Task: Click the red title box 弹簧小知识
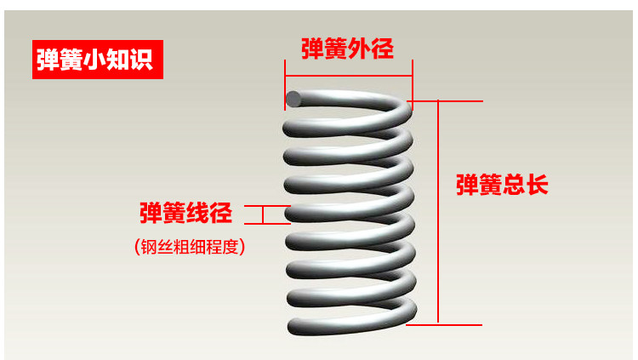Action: pyautogui.click(x=96, y=60)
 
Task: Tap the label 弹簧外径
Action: pyautogui.click(x=347, y=49)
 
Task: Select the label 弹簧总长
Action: pyautogui.click(x=502, y=185)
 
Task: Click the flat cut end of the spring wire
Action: pyautogui.click(x=293, y=99)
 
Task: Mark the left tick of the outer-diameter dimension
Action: pyautogui.click(x=285, y=84)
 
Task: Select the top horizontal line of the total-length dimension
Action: pyautogui.click(x=459, y=100)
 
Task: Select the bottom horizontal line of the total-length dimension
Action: pyautogui.click(x=459, y=323)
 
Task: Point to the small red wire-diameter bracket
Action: pyautogui.click(x=264, y=214)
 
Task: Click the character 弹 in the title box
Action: pyautogui.click(x=48, y=60)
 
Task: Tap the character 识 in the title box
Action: pyautogui.click(x=145, y=60)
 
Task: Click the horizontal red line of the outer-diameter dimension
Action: pyautogui.click(x=349, y=72)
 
